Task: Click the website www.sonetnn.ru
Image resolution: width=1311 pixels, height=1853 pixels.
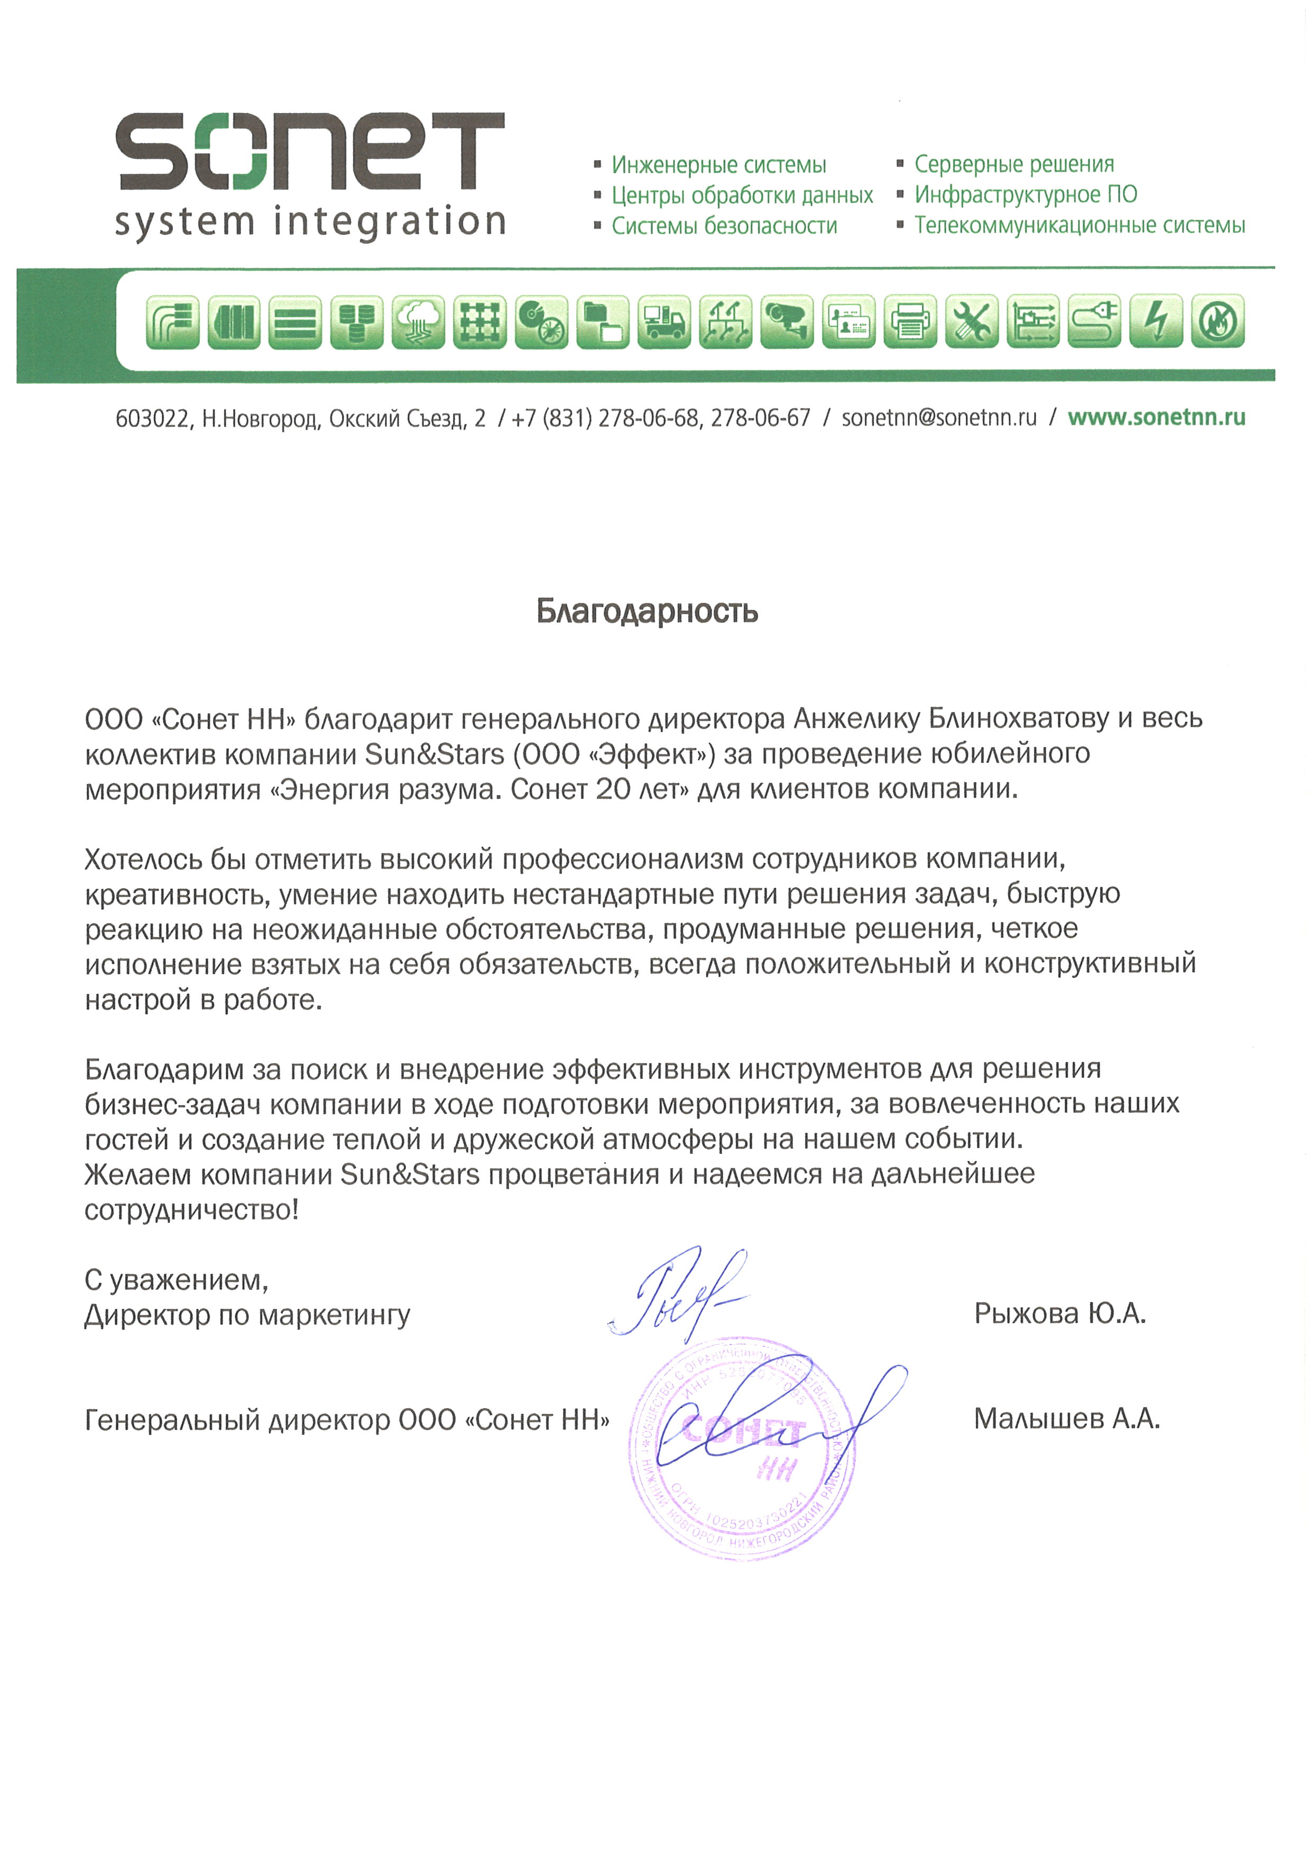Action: [x=1156, y=417]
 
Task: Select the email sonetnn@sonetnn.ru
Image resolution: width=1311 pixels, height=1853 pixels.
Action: [x=939, y=418]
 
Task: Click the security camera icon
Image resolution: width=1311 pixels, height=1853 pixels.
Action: [x=786, y=322]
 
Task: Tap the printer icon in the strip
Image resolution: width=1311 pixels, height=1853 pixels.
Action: [x=910, y=322]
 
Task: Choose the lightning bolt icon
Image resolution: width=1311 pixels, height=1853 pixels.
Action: [x=1156, y=322]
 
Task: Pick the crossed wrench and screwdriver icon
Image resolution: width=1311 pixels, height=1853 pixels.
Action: [x=971, y=322]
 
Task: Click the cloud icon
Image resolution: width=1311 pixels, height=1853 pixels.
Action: [x=418, y=322]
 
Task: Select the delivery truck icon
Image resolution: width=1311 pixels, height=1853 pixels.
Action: [x=663, y=322]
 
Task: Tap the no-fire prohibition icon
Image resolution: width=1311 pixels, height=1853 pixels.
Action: [x=1217, y=322]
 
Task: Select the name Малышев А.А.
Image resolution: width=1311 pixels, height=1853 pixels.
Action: [x=1066, y=1419]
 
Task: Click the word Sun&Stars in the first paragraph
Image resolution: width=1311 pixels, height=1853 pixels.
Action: [x=435, y=754]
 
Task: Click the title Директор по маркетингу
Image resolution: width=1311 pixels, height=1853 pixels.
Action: [x=247, y=1316]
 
